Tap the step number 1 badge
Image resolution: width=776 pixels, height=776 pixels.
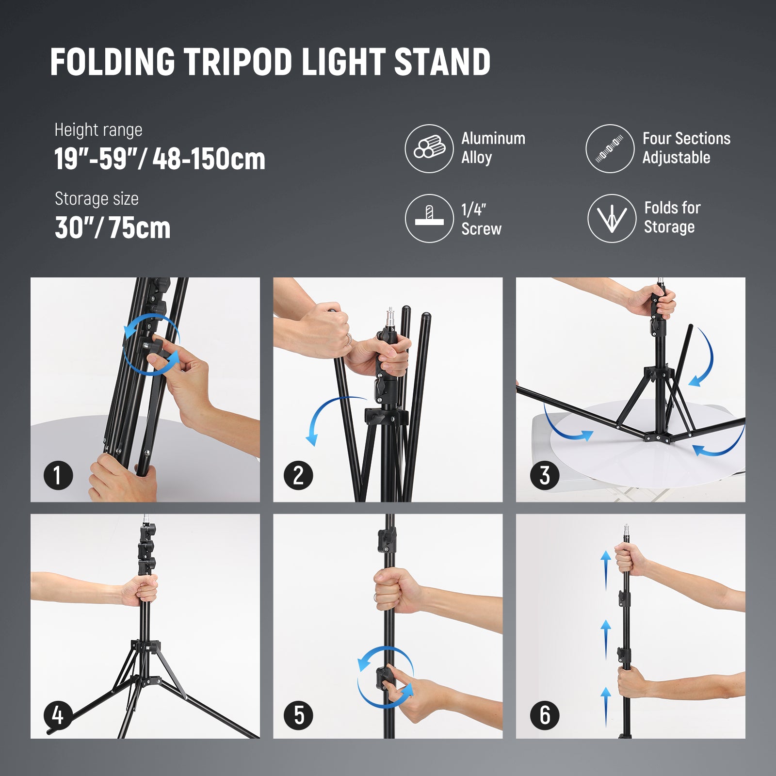click(58, 475)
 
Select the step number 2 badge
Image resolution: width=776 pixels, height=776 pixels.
click(298, 475)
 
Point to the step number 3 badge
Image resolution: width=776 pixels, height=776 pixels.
click(545, 475)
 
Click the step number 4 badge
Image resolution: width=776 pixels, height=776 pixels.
click(58, 715)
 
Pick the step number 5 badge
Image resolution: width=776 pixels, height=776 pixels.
click(298, 715)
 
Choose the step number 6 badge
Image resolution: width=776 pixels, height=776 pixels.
click(545, 715)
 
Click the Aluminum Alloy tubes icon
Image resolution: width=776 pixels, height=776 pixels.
click(429, 148)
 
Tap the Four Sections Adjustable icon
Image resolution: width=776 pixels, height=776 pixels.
click(610, 148)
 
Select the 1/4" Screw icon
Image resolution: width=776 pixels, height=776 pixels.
click(429, 218)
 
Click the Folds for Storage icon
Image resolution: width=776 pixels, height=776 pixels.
click(612, 218)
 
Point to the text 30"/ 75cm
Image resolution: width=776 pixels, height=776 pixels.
click(113, 228)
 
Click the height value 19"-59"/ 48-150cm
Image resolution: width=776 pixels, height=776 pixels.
click(160, 159)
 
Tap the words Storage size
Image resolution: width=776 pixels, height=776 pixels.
click(97, 199)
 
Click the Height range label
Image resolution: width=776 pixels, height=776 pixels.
click(98, 130)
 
